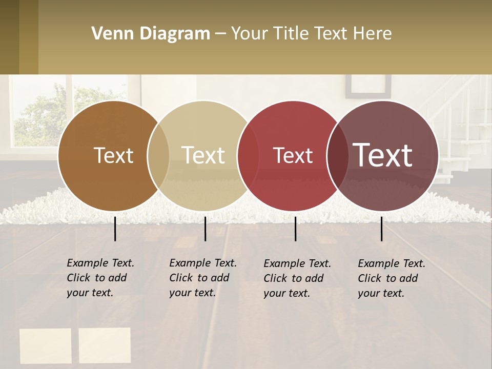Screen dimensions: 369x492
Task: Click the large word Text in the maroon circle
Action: click(x=382, y=155)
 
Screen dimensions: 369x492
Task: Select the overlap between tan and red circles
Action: click(x=248, y=156)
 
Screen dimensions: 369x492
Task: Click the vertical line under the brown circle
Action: click(x=115, y=229)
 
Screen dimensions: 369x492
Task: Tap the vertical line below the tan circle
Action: click(x=205, y=229)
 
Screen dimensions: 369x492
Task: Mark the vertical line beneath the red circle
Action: click(x=295, y=229)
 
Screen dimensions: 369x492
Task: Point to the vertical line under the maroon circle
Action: click(x=381, y=229)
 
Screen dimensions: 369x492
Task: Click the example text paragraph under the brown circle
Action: click(x=100, y=278)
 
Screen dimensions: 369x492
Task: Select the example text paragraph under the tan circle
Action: click(x=202, y=278)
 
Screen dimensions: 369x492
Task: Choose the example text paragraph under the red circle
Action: click(x=297, y=278)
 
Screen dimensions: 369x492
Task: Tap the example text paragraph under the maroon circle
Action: click(x=391, y=278)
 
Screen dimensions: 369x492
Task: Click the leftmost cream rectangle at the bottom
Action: click(x=46, y=346)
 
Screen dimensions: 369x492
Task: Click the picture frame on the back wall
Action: click(x=368, y=86)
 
